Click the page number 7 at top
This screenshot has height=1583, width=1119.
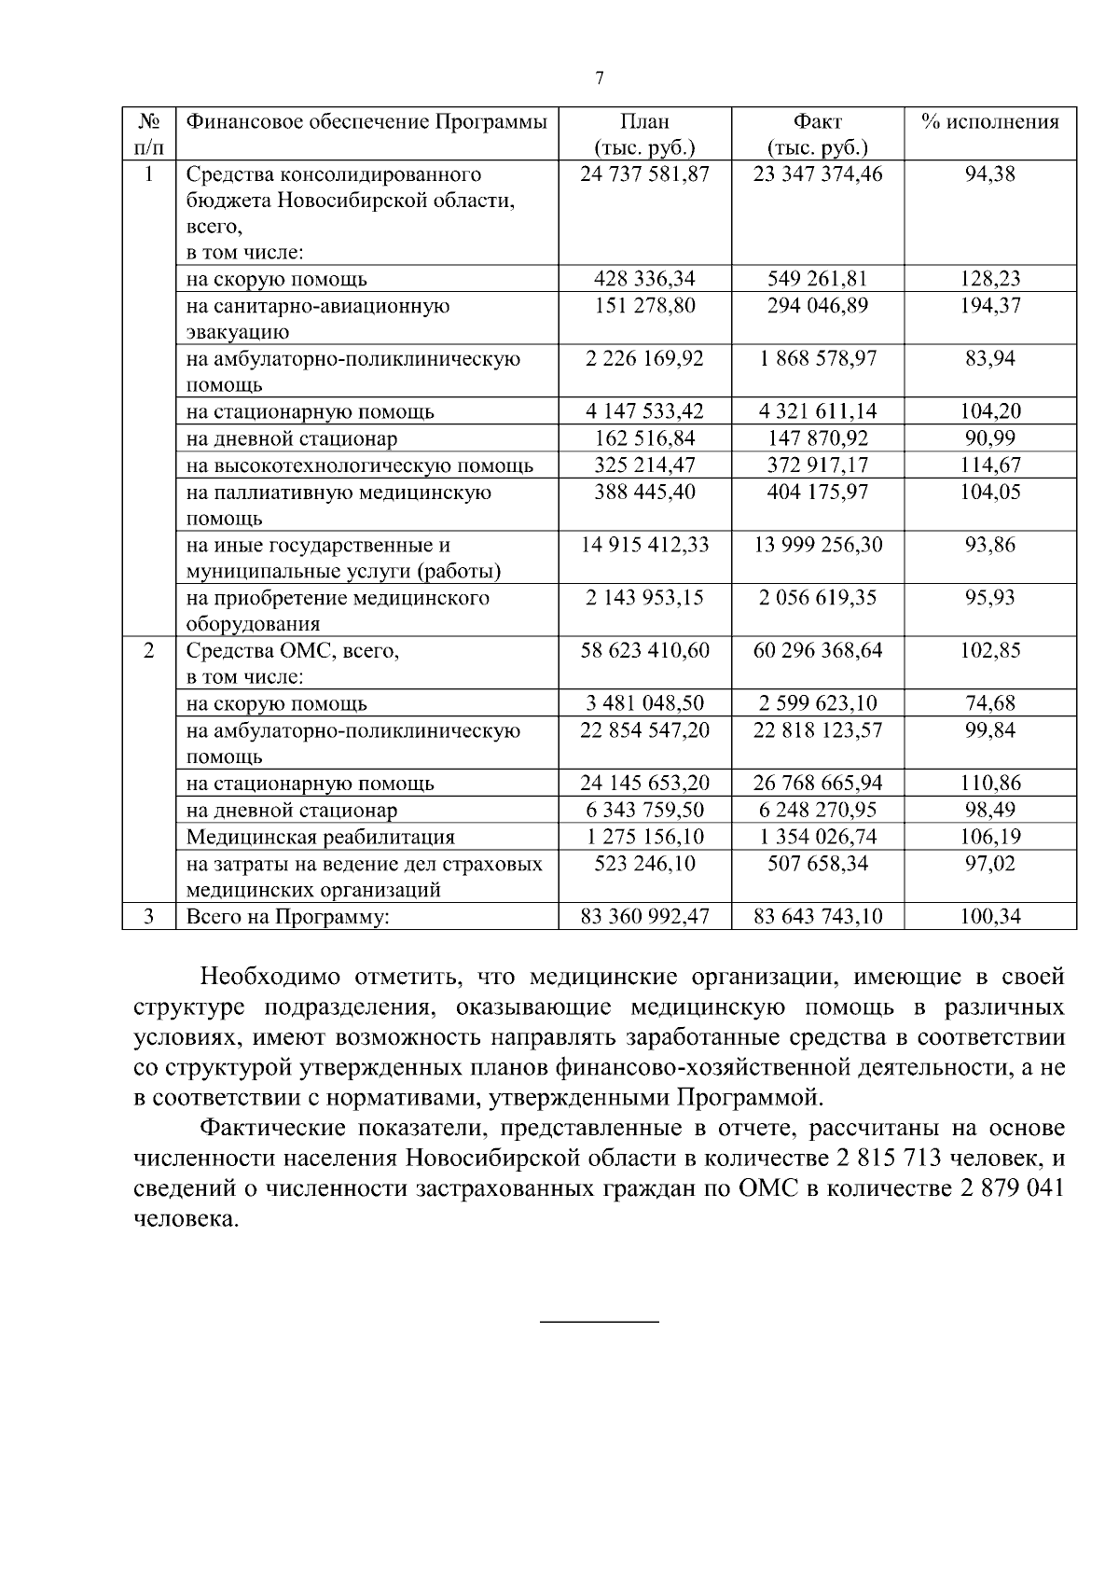point(599,79)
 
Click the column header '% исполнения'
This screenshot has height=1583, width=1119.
point(990,122)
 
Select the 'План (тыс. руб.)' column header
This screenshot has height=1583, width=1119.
point(644,134)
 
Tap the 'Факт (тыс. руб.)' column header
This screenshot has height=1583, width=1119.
point(817,134)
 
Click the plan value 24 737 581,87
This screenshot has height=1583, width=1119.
point(644,174)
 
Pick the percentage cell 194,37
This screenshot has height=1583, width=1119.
point(990,306)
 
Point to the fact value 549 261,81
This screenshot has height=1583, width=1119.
point(817,279)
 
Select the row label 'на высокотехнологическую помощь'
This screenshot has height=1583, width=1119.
point(360,465)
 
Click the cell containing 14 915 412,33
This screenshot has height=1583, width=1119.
point(644,545)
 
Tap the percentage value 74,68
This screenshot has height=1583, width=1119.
point(990,703)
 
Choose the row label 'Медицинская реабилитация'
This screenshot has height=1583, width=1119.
point(321,837)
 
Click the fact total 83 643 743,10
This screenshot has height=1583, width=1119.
point(817,917)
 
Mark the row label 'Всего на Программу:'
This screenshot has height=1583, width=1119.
point(287,917)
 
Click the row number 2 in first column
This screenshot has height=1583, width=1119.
point(149,650)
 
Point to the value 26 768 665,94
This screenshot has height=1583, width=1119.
point(817,784)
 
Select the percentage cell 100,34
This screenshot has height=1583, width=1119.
point(990,917)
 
